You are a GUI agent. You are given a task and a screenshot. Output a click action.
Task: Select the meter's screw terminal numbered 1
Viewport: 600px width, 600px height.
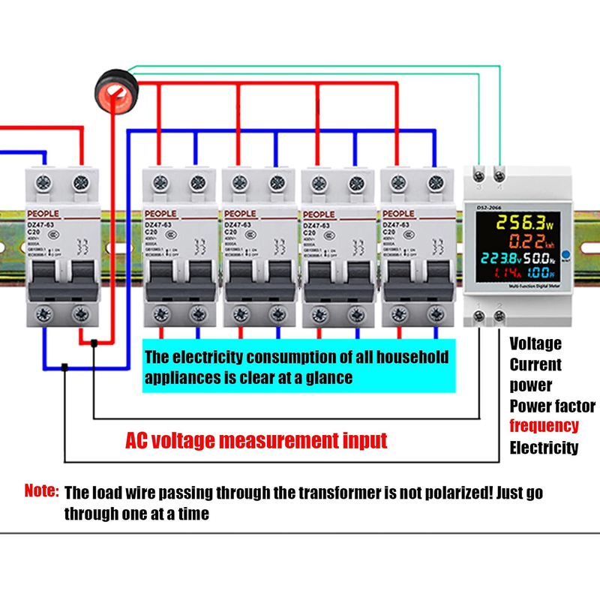[478, 316]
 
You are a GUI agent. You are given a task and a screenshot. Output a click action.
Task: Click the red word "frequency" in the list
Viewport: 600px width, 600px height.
[544, 426]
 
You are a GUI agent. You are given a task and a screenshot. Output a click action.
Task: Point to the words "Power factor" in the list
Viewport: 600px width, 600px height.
[553, 406]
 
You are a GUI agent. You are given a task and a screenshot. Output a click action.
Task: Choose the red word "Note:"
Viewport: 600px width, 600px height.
[41, 491]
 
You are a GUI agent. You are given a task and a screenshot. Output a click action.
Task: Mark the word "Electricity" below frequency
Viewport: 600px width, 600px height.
[544, 448]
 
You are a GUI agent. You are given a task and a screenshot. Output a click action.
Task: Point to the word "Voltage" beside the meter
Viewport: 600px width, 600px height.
[535, 343]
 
